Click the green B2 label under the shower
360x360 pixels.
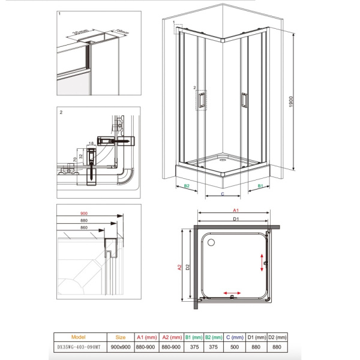click(x=187, y=187)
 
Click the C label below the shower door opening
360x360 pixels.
click(x=223, y=194)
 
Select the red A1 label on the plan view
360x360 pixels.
click(x=236, y=211)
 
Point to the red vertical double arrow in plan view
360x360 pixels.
click(x=262, y=262)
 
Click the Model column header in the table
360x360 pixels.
click(x=78, y=337)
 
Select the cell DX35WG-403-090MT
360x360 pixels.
click(x=78, y=347)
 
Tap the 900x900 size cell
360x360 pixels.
click(x=121, y=347)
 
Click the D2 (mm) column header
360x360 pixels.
click(x=277, y=337)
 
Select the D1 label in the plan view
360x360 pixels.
click(x=236, y=220)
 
